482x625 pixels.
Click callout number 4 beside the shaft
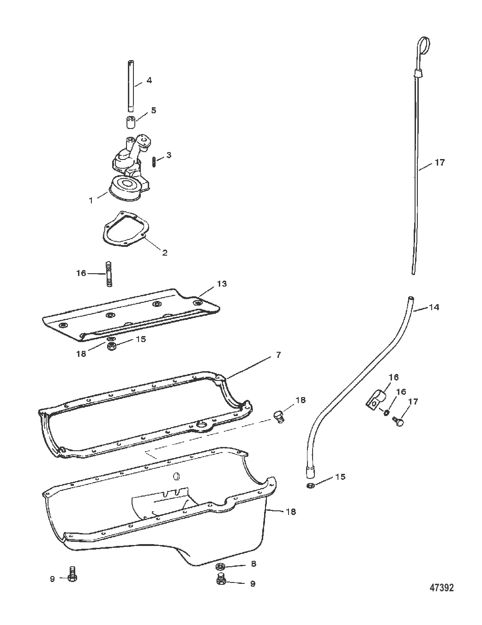click(x=149, y=80)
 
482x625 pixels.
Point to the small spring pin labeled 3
click(x=154, y=161)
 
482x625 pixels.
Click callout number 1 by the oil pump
click(x=91, y=200)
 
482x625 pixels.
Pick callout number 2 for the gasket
click(x=164, y=252)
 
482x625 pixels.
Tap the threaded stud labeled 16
click(x=109, y=274)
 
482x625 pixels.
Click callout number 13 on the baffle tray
click(x=222, y=284)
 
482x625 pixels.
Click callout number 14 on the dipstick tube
click(x=434, y=307)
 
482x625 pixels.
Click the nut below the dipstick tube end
click(x=311, y=485)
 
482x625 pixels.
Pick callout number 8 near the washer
click(x=253, y=564)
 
